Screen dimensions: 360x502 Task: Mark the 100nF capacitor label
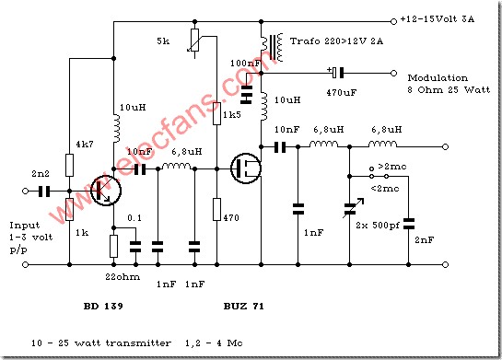(x=241, y=63)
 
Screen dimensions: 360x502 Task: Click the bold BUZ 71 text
(x=242, y=303)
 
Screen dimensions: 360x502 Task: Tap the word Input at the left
(x=22, y=224)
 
